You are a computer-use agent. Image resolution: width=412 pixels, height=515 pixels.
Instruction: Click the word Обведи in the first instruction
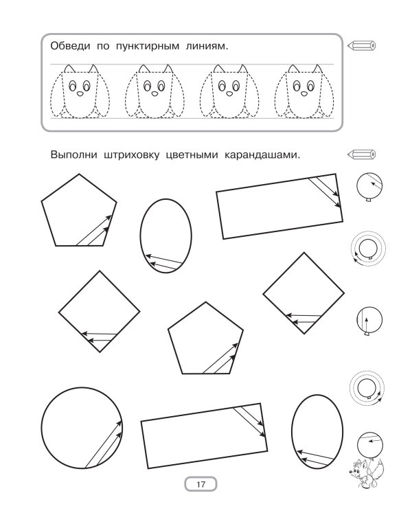coord(70,46)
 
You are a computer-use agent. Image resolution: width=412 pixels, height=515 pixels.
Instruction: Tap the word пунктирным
coord(148,46)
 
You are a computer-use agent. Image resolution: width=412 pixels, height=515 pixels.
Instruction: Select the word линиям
coord(207,46)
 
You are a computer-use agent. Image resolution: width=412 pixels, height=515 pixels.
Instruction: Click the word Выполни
coord(73,154)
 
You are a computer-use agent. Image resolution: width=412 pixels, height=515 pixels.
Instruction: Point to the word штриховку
coord(131,154)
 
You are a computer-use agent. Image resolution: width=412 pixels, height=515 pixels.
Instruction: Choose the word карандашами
coord(262,154)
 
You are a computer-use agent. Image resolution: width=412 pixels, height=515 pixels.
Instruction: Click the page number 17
coord(201,484)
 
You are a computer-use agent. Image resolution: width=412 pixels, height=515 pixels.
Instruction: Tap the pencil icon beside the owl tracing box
coord(361,45)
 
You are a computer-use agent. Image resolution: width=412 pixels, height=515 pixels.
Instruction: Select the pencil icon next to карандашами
coord(361,154)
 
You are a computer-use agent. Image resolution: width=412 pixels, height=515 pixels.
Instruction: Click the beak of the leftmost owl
coord(80,93)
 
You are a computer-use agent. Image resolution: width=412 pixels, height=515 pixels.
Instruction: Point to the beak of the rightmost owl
coord(304,93)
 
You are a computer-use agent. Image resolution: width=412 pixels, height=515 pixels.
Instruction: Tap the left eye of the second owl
coord(147,87)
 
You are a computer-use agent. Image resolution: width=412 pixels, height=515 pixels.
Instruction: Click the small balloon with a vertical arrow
coord(369,320)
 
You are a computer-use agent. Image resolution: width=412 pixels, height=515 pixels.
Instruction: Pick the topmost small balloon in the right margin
coord(369,186)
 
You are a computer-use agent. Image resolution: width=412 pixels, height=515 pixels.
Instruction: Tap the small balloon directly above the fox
coord(370,445)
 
